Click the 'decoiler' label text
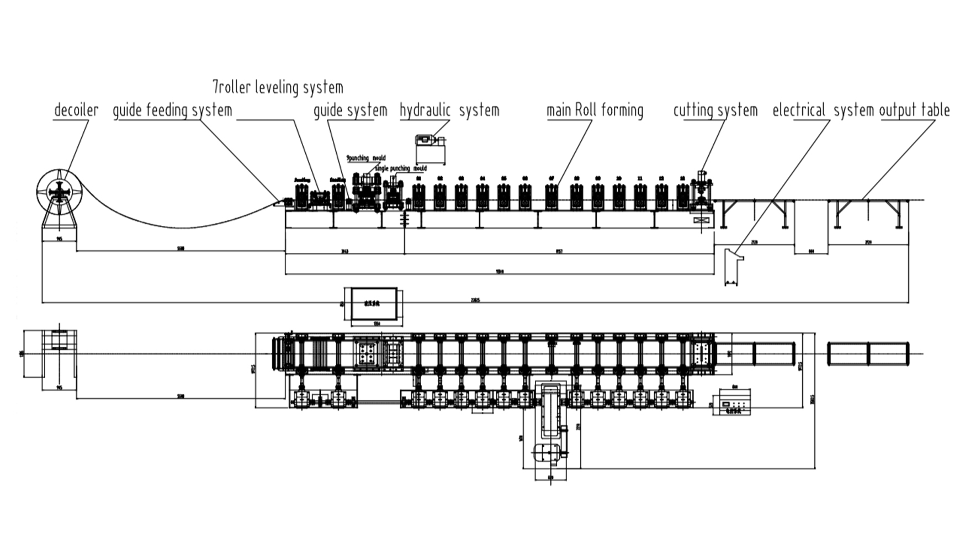coord(76,110)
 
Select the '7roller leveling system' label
coord(278,87)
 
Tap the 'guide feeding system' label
coord(172,110)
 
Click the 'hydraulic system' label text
coord(449,110)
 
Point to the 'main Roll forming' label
coord(595,110)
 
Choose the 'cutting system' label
coord(715,110)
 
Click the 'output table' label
coord(914,110)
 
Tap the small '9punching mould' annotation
coord(365,158)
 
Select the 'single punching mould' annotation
coord(400,168)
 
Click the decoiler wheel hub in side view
coord(59,192)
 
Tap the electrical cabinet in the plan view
coord(734,403)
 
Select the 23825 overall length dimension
coord(475,300)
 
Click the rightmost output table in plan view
coord(868,353)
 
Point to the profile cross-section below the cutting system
coord(731,267)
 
